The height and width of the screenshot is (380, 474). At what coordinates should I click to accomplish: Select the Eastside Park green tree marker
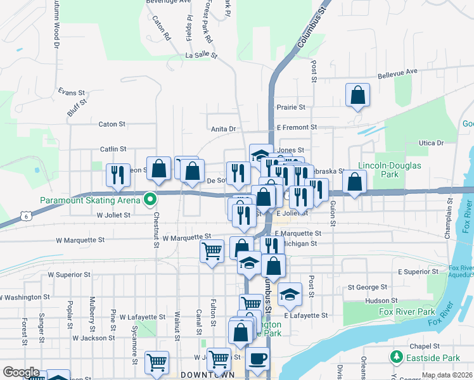coord(397,358)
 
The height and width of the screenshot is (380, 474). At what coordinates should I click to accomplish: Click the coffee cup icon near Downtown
coord(257,359)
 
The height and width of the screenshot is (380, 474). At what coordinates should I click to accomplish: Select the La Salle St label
coord(201,56)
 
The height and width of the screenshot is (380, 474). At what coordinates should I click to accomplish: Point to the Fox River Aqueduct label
coord(461,272)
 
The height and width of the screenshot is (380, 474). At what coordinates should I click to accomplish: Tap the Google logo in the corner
coord(21,372)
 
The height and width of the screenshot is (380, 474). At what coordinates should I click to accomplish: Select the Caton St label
coord(112,124)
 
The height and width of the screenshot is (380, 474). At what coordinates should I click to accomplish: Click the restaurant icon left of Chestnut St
coord(117,175)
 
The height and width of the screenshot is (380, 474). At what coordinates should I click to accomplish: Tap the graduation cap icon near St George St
coord(290,293)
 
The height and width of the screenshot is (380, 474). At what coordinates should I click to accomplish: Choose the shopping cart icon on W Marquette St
coord(212,251)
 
